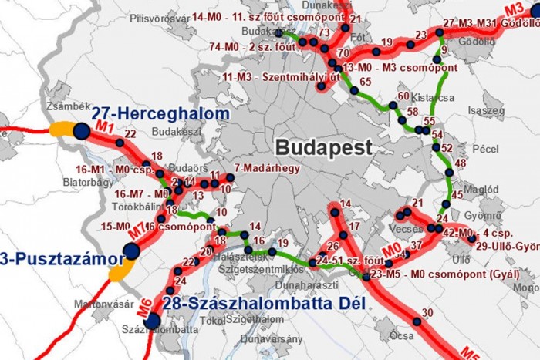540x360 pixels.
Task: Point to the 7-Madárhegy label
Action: (266, 167)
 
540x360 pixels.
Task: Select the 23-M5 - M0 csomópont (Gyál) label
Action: (440, 274)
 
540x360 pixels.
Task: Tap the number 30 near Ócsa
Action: (428, 312)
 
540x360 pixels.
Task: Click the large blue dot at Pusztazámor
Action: (131, 251)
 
